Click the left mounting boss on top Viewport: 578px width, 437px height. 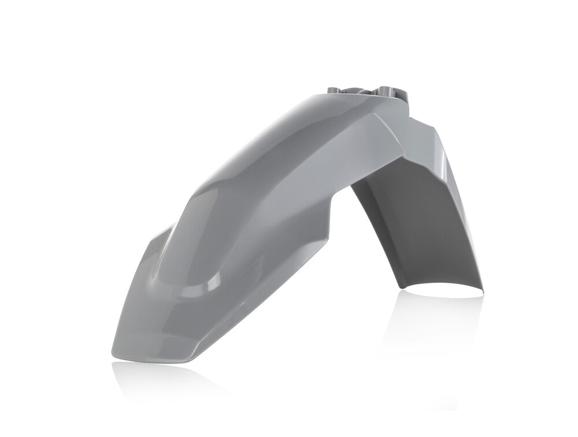(336, 91)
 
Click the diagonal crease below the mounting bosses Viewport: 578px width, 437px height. (387, 124)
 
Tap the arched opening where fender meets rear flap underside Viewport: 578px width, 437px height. (370, 191)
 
